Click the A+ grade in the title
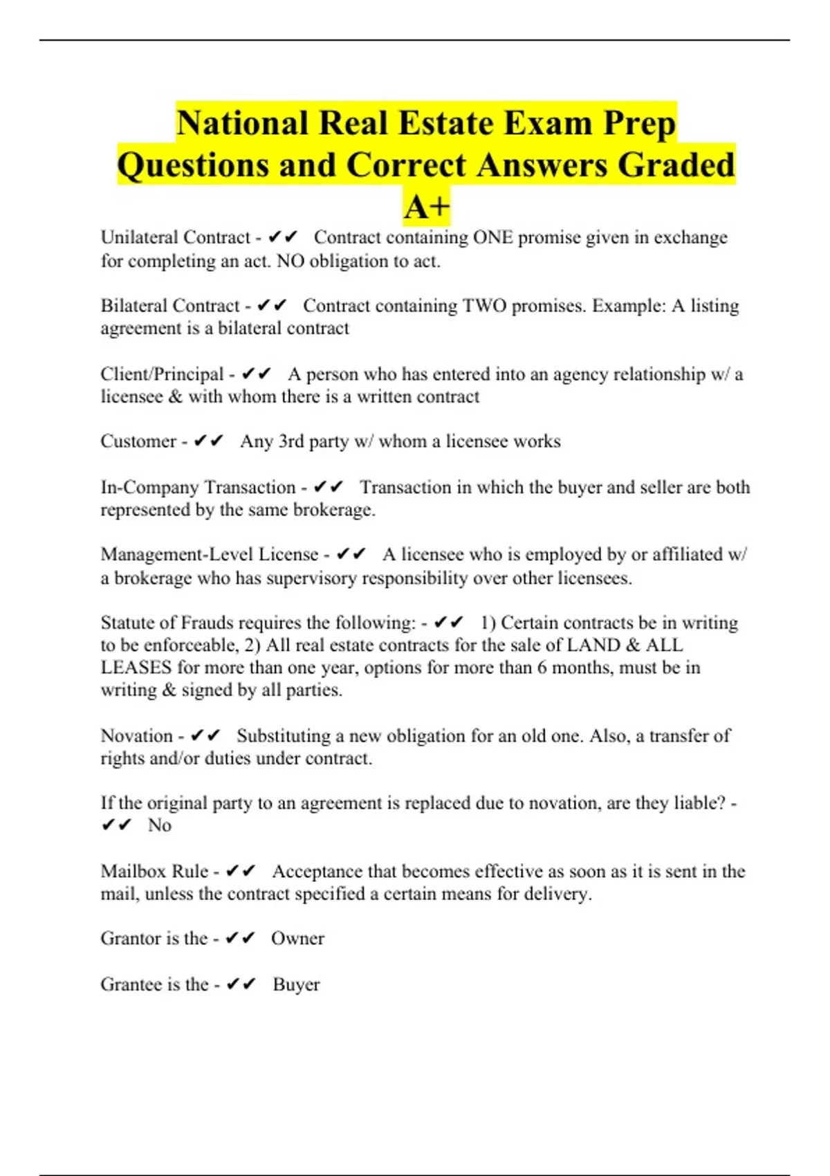click(427, 207)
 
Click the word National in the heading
click(241, 124)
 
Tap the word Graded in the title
click(676, 165)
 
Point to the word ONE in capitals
click(492, 237)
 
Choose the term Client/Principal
click(162, 374)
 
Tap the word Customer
click(138, 441)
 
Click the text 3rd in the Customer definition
click(291, 441)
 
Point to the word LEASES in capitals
click(136, 668)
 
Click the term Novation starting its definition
click(136, 735)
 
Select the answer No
click(159, 825)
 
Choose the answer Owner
click(297, 939)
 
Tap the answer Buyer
click(296, 984)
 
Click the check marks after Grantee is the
click(241, 984)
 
